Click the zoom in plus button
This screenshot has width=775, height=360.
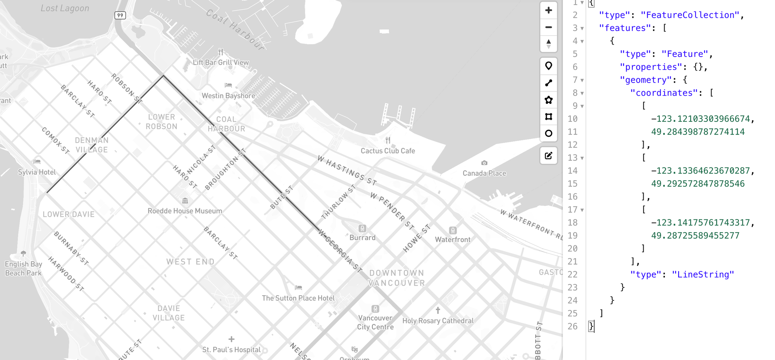[548, 10]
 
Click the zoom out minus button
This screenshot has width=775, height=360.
[548, 28]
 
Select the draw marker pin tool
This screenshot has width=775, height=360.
[548, 66]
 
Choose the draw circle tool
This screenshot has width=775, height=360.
[548, 133]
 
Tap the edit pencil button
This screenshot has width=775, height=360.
[548, 156]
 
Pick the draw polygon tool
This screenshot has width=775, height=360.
[548, 100]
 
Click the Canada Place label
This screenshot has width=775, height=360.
[484, 173]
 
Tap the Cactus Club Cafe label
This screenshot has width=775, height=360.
[387, 151]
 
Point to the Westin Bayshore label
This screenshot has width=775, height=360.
[228, 96]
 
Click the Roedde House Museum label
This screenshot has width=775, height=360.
[185, 211]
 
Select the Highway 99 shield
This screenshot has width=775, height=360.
[120, 16]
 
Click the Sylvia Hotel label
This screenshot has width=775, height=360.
[37, 172]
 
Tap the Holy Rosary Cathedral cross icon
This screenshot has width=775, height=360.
[438, 310]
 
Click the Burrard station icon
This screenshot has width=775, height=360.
[362, 228]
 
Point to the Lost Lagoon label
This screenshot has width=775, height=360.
[65, 8]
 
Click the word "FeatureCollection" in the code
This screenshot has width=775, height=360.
[690, 15]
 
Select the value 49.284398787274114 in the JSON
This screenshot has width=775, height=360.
[697, 132]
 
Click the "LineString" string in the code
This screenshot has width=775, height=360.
[703, 274]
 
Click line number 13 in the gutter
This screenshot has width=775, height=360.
[572, 158]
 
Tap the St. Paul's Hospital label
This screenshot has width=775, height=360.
[231, 350]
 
